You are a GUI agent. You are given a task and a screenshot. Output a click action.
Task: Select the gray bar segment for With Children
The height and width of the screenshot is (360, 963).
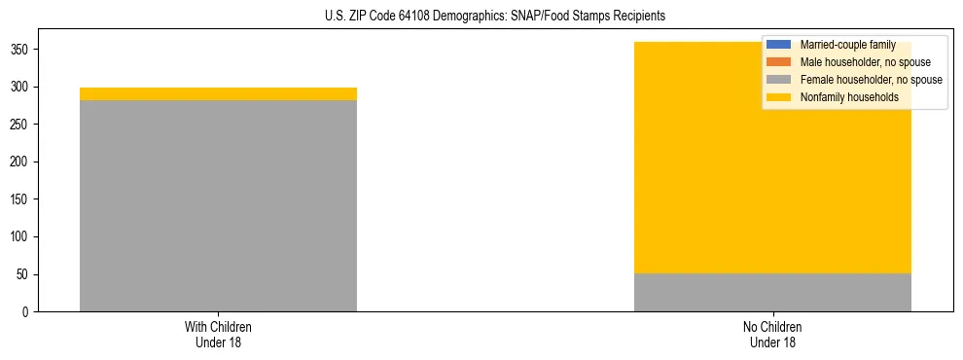point(218,205)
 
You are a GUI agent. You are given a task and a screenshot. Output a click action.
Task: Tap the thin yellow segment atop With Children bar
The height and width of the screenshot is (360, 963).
point(218,93)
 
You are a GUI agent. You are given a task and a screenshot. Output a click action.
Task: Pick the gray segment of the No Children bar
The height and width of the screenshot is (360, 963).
point(772,292)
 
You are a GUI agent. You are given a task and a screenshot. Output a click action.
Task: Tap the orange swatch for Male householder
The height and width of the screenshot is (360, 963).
point(779,62)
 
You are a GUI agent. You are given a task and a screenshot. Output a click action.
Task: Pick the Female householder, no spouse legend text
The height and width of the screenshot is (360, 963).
point(871,80)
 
